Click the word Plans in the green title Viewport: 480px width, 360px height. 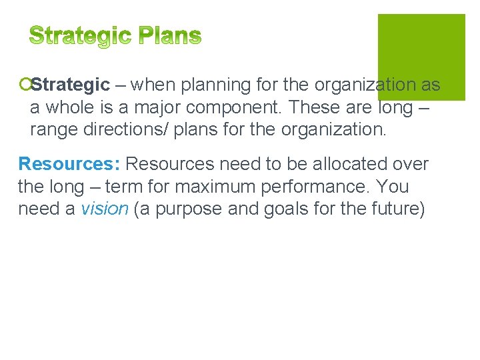[x=169, y=36]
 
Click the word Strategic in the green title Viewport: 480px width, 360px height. [x=81, y=36]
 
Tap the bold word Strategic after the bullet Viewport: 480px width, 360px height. [x=71, y=85]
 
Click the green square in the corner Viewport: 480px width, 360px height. [x=421, y=56]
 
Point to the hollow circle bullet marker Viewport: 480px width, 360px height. [x=24, y=85]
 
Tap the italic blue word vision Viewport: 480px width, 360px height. [x=105, y=209]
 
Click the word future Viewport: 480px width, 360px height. [x=394, y=209]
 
